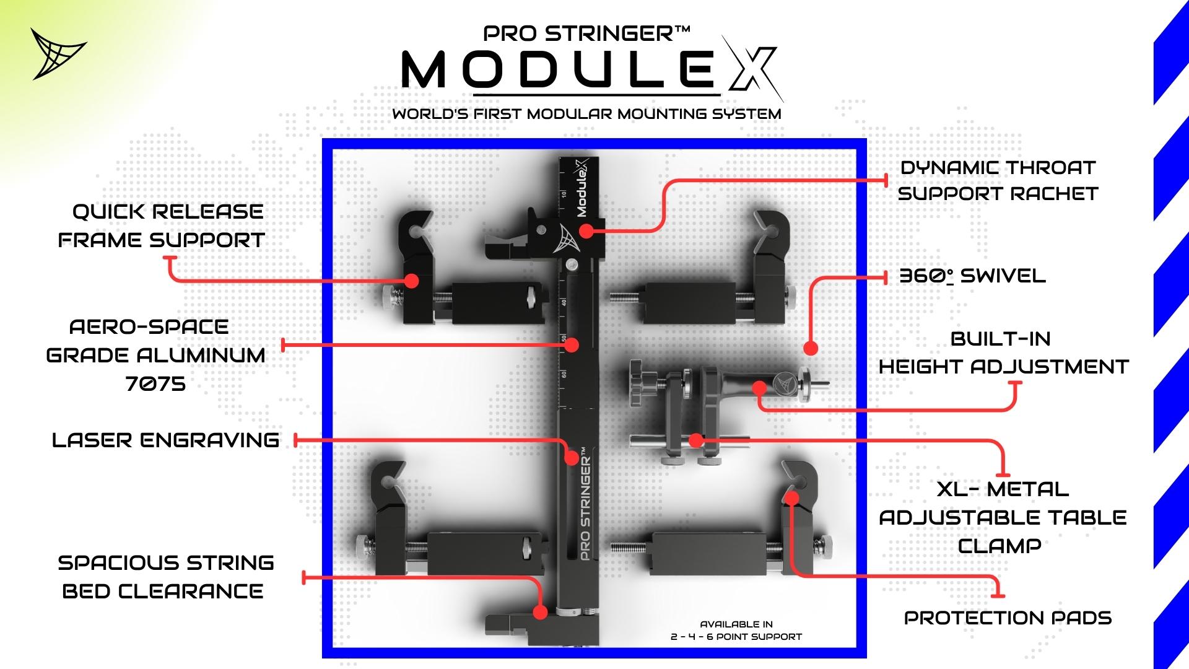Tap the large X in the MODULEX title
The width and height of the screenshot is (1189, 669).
753,71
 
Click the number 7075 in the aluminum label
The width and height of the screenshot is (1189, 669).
155,384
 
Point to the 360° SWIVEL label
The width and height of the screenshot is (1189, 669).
972,276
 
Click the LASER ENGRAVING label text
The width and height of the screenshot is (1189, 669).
165,440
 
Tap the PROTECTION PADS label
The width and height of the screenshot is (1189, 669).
1008,618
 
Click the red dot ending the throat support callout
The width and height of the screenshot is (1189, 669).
586,232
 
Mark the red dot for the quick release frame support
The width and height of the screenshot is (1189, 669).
411,281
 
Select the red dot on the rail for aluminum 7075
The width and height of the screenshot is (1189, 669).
572,345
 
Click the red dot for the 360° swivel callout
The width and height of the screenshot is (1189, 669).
811,349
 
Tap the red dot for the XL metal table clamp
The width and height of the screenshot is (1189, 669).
696,440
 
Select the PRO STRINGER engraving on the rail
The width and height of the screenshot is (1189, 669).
585,508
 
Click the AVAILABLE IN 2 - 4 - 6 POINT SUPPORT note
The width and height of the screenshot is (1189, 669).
736,631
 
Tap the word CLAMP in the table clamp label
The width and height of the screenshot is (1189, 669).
1000,546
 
